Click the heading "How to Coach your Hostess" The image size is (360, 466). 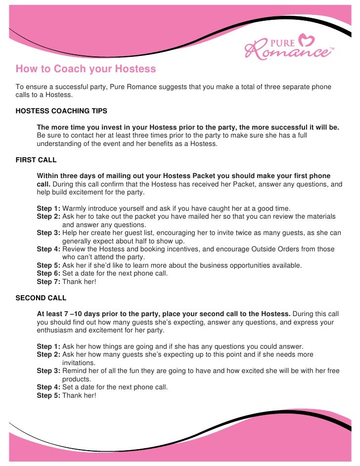86,69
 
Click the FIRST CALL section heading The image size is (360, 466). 36,160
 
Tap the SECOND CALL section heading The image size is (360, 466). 41,298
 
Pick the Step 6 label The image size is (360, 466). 48,273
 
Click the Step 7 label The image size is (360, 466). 48,281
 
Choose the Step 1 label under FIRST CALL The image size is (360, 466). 48,208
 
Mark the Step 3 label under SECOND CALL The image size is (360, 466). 48,371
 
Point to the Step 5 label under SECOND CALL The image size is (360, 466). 48,395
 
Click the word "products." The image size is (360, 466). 77,378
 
